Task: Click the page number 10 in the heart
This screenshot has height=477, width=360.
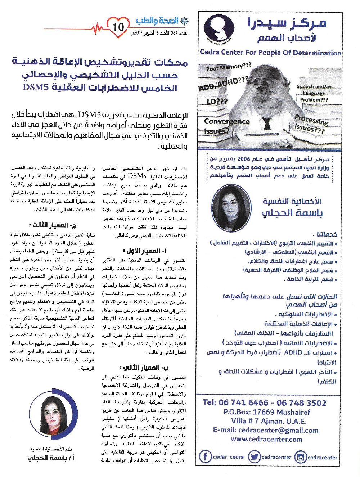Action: coord(118,27)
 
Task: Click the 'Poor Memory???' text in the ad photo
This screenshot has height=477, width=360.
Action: coord(228,67)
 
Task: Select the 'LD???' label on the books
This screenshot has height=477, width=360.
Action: coord(217,101)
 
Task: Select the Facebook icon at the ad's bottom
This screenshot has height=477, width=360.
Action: coord(205,457)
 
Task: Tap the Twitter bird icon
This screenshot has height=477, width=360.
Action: coord(254,457)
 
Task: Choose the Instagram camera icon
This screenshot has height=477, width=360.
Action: coord(300,457)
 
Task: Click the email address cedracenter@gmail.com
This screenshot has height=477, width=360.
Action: coord(266,430)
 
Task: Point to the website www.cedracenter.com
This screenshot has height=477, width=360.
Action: coord(266,439)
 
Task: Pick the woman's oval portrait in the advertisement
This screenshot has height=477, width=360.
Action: coord(231,208)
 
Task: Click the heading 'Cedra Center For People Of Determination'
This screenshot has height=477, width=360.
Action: coord(270,53)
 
